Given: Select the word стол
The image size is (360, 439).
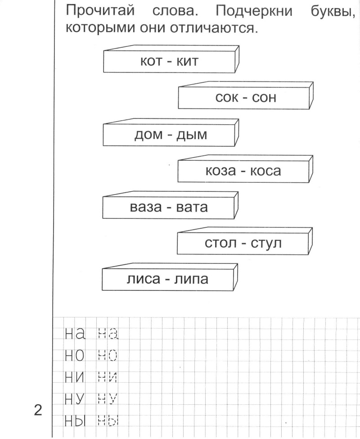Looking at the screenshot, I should [219, 244].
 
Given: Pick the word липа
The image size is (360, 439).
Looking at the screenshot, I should [191, 280].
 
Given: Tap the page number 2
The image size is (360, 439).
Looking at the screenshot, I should [38, 411].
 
